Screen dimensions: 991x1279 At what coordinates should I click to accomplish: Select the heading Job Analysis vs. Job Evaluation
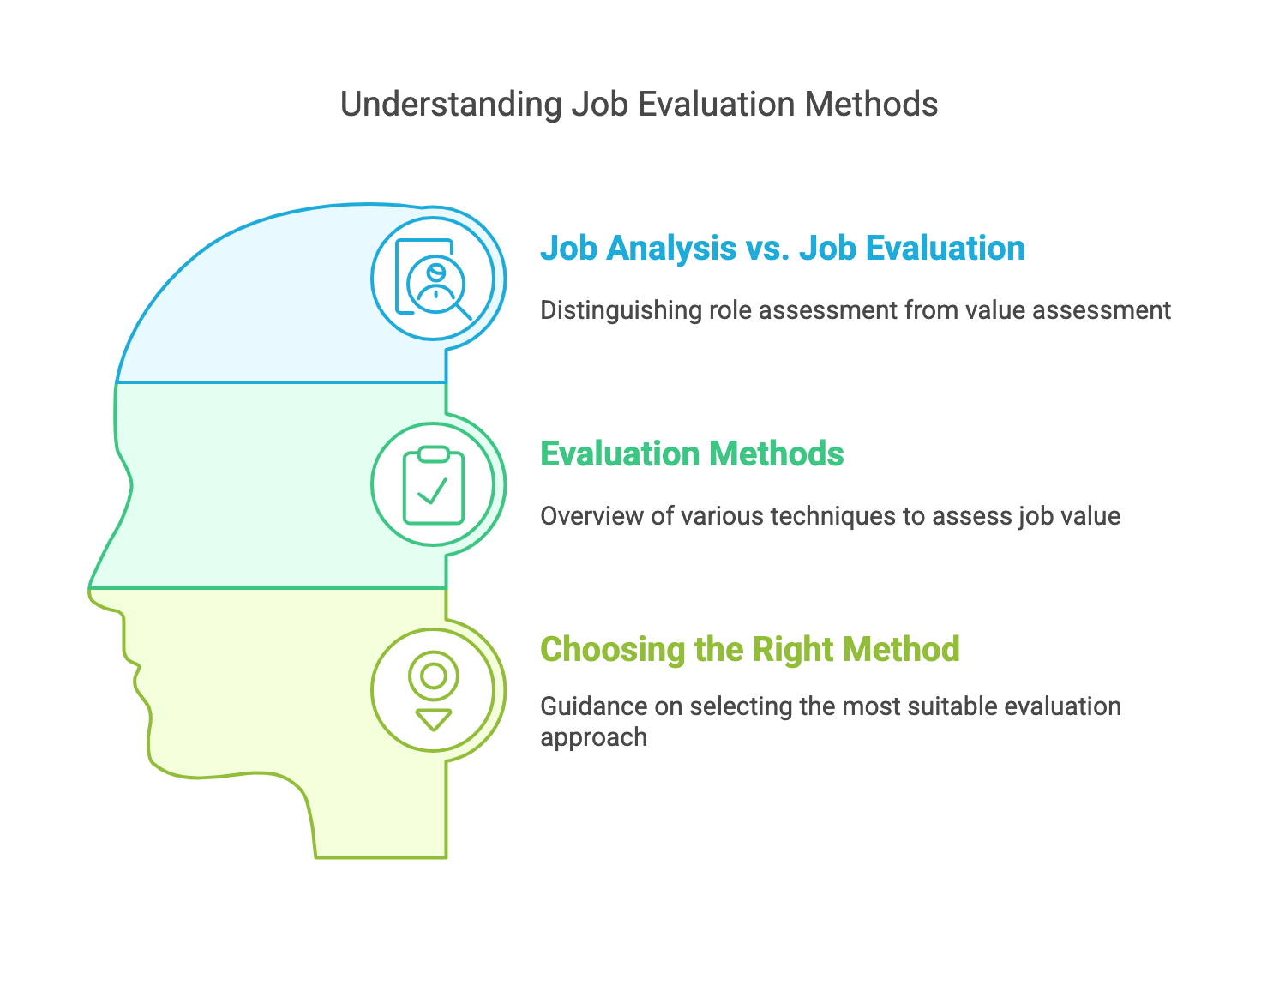(782, 249)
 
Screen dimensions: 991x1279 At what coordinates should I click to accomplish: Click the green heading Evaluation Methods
(691, 454)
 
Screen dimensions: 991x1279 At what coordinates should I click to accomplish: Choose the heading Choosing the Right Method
(749, 649)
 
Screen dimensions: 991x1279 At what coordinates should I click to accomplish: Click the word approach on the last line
(593, 737)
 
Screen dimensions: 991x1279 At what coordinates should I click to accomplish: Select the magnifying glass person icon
(434, 279)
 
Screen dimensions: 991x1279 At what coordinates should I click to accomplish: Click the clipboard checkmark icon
(434, 485)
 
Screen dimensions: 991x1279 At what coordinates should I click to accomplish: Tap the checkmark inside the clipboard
(432, 491)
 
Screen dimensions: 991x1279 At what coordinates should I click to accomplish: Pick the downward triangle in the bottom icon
(434, 719)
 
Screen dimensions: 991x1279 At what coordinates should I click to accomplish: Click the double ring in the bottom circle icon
(434, 676)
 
